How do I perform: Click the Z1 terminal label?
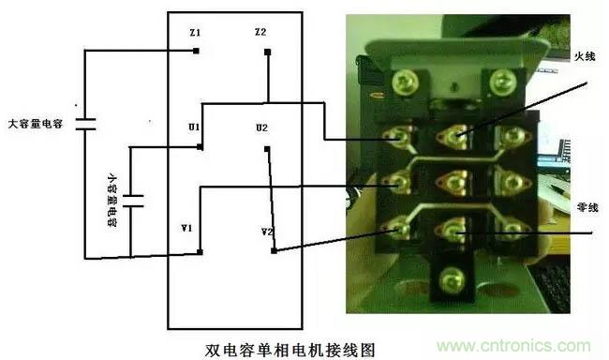(x=195, y=33)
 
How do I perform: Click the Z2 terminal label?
(x=260, y=32)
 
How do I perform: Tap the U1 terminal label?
(x=194, y=127)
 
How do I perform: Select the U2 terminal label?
(x=261, y=127)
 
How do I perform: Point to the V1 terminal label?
(x=186, y=228)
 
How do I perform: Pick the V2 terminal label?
(x=267, y=232)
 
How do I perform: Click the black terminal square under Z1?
(x=196, y=51)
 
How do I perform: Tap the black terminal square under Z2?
(x=268, y=52)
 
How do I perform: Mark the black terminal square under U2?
(x=267, y=149)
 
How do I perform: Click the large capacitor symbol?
(x=85, y=124)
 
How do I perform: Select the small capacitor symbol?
(x=133, y=201)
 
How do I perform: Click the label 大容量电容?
(x=36, y=124)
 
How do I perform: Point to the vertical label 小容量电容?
(x=111, y=200)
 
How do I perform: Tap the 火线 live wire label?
(x=585, y=56)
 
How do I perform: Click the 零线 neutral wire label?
(x=587, y=207)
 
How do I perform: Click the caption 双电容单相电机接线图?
(x=290, y=350)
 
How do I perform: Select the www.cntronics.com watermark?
(x=513, y=345)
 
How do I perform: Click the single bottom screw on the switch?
(x=452, y=280)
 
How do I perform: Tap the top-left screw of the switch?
(x=405, y=82)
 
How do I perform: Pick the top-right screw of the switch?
(x=502, y=82)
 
